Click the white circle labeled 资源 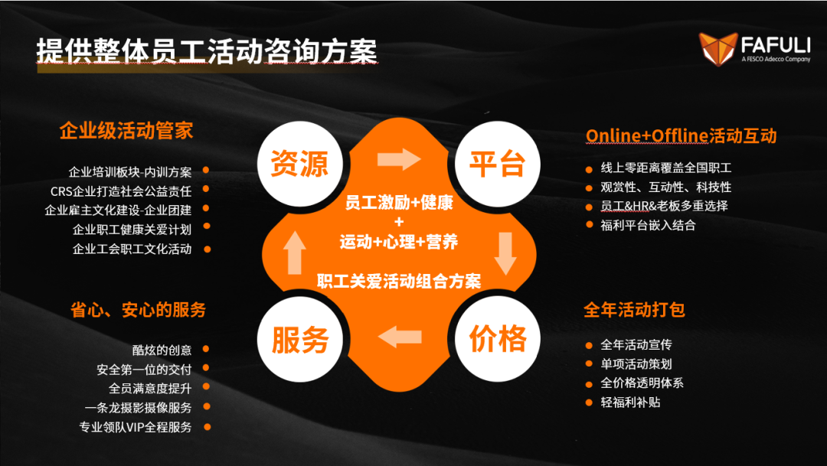click(300, 164)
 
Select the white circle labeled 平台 click(498, 164)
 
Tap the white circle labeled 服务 click(300, 339)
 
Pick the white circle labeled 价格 click(498, 339)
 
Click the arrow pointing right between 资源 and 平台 click(399, 159)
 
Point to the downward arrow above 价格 click(505, 253)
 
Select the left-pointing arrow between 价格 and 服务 click(400, 337)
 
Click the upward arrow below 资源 click(294, 253)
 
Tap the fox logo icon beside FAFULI click(717, 49)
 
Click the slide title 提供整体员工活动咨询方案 click(207, 52)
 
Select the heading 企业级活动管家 click(126, 131)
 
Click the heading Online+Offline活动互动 click(681, 136)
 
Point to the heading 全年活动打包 click(635, 309)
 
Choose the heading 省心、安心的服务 click(138, 309)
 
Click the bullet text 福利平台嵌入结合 click(649, 226)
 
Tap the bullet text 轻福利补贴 click(630, 402)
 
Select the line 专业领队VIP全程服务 click(136, 427)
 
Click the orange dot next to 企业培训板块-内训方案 click(206, 170)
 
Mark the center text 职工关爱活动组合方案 click(399, 282)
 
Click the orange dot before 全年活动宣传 click(589, 346)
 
